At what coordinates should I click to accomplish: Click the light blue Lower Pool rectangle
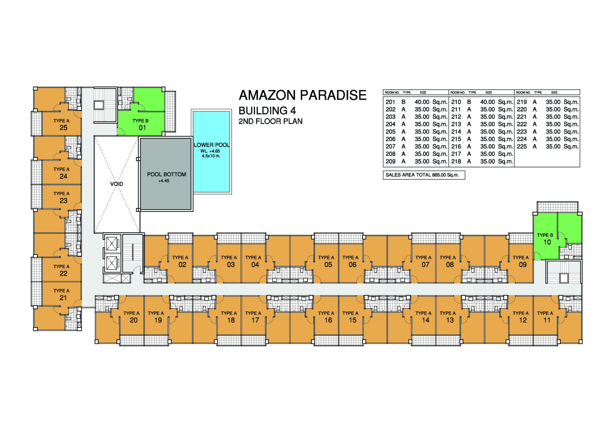click(x=211, y=151)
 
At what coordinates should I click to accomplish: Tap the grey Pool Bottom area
click(x=166, y=174)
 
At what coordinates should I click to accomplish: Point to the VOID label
click(x=117, y=184)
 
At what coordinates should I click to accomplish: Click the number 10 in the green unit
click(x=547, y=242)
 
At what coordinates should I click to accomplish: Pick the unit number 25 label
click(x=63, y=128)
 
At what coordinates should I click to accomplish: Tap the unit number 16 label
click(x=328, y=320)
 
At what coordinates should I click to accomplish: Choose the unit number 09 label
click(x=523, y=264)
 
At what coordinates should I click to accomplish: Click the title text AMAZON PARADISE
click(x=302, y=95)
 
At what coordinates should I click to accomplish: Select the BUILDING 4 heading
click(x=267, y=111)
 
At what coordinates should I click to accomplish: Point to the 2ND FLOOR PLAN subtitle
click(x=271, y=121)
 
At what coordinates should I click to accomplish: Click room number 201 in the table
click(x=391, y=102)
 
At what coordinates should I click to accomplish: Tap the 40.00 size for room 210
click(x=487, y=102)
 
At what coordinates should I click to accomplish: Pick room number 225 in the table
click(x=521, y=147)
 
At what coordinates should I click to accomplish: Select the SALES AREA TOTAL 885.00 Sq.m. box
click(x=424, y=175)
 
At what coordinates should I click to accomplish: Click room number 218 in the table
click(x=456, y=161)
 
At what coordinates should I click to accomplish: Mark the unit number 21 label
click(x=63, y=298)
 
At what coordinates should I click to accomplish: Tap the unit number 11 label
click(x=547, y=320)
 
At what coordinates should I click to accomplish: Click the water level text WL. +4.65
click(x=210, y=151)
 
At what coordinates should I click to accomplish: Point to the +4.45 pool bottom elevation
click(x=164, y=181)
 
